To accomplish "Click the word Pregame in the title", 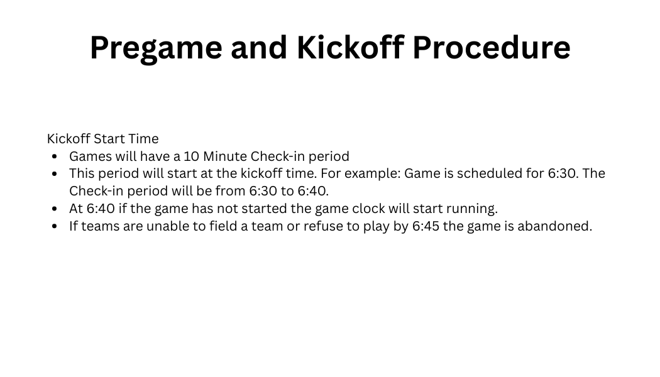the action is [x=156, y=48].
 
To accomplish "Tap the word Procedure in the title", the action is [x=492, y=47].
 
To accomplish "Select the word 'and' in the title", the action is [x=259, y=47].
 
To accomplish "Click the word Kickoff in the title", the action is [x=351, y=47].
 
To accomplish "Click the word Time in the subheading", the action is [x=143, y=138].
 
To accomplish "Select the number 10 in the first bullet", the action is [x=192, y=156].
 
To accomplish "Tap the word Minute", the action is [x=225, y=156].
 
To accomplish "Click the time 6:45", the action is [x=426, y=226].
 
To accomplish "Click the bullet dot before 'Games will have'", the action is [x=54, y=157].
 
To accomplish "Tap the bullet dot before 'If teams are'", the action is [x=54, y=227].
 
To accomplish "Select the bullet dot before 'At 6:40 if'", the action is [x=54, y=209].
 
